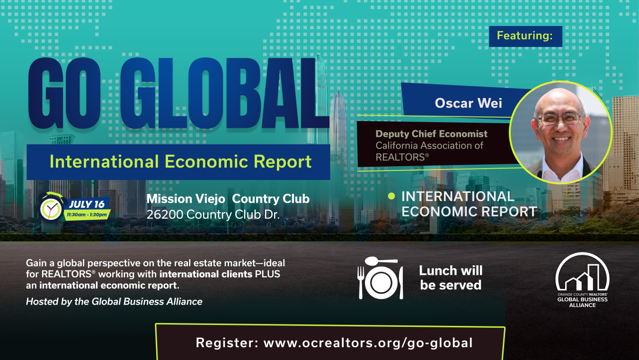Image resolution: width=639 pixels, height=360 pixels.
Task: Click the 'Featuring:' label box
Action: [x=525, y=36]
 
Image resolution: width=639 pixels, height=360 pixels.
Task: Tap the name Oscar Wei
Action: [x=468, y=103]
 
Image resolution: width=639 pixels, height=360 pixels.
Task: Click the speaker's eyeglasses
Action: [x=559, y=119]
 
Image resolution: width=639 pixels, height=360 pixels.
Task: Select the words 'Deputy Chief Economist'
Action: [x=431, y=134]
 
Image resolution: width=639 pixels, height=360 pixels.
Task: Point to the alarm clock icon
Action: [x=51, y=208]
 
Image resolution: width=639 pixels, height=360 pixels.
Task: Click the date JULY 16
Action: [x=87, y=205]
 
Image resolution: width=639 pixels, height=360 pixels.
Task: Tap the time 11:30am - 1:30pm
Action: [x=87, y=215]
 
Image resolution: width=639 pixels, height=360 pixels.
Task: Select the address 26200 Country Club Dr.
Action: [x=213, y=215]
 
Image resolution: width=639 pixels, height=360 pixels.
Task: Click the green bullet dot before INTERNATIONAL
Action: [x=391, y=196]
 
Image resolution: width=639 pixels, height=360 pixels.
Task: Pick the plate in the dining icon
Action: [x=381, y=283]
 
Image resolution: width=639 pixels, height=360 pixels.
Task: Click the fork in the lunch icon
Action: [x=361, y=283]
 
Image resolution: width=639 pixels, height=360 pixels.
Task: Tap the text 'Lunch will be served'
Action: [x=451, y=278]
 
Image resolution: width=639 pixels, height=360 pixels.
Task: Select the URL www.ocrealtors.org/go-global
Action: [x=368, y=343]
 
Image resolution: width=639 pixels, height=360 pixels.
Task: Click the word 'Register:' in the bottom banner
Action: [x=227, y=342]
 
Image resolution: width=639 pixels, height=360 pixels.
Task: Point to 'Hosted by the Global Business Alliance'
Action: [x=114, y=302]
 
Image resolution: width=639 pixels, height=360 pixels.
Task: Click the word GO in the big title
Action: [x=64, y=93]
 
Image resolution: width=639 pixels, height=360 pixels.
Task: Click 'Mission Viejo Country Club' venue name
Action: [x=228, y=199]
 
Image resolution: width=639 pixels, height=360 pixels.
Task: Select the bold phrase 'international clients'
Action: [x=206, y=274]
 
